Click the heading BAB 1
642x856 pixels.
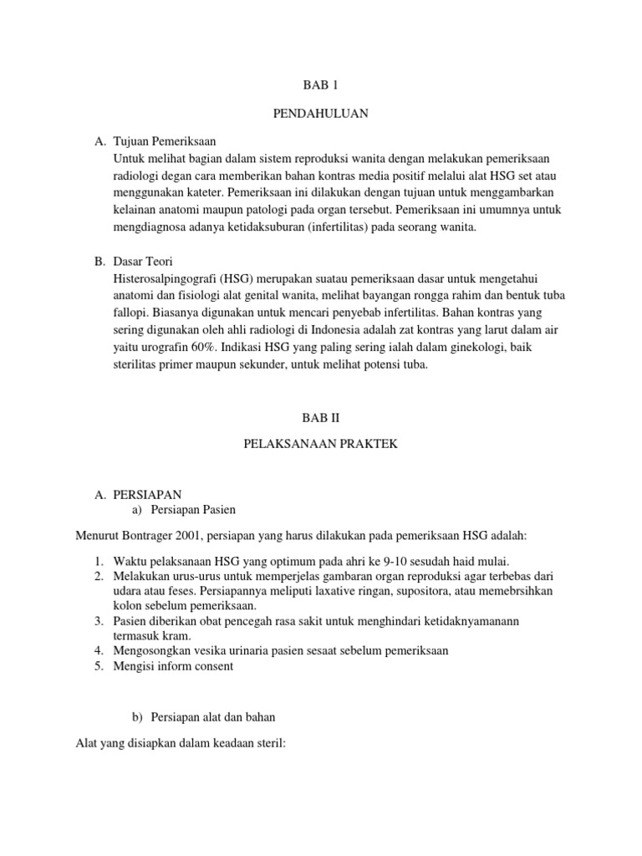pos(320,86)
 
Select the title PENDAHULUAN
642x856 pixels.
pos(320,114)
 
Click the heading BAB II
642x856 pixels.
pos(321,415)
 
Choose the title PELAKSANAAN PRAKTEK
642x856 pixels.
pos(321,444)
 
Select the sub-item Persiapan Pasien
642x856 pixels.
pos(200,510)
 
